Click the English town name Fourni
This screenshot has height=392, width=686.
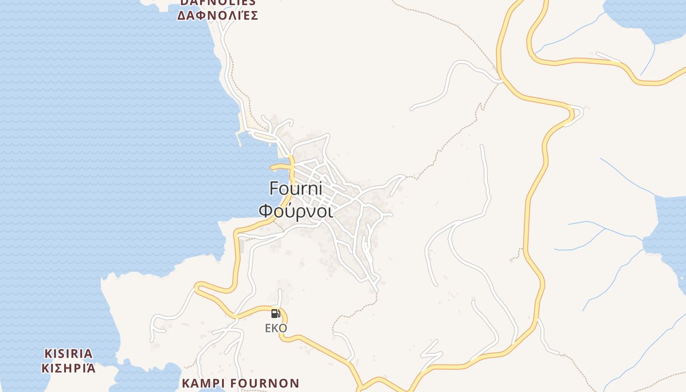tap(295, 189)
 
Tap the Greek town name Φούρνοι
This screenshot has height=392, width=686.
tap(295, 211)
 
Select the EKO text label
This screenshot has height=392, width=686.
tap(276, 328)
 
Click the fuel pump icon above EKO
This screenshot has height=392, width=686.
tap(276, 314)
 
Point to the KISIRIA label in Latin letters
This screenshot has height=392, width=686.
tap(68, 353)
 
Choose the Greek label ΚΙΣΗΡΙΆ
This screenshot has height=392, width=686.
tap(68, 368)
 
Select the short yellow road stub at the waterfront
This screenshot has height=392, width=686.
tap(279, 167)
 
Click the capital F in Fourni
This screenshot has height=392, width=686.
tap(274, 189)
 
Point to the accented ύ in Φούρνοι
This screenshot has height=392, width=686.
tap(289, 211)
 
